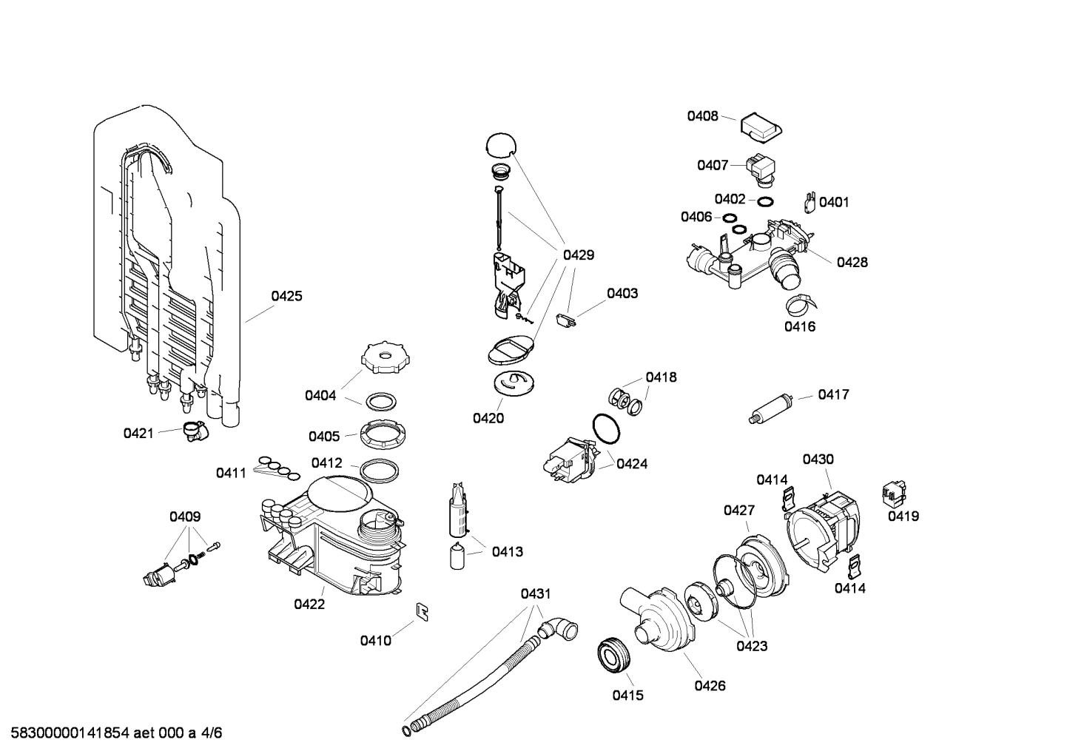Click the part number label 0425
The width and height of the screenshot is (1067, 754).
286,296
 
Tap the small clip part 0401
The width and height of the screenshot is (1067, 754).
809,201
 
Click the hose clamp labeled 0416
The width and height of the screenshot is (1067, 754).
798,303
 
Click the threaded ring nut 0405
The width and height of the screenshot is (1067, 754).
380,432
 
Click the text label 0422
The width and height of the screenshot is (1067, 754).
309,604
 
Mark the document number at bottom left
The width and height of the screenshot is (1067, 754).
112,733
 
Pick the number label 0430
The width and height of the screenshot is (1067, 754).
818,459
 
